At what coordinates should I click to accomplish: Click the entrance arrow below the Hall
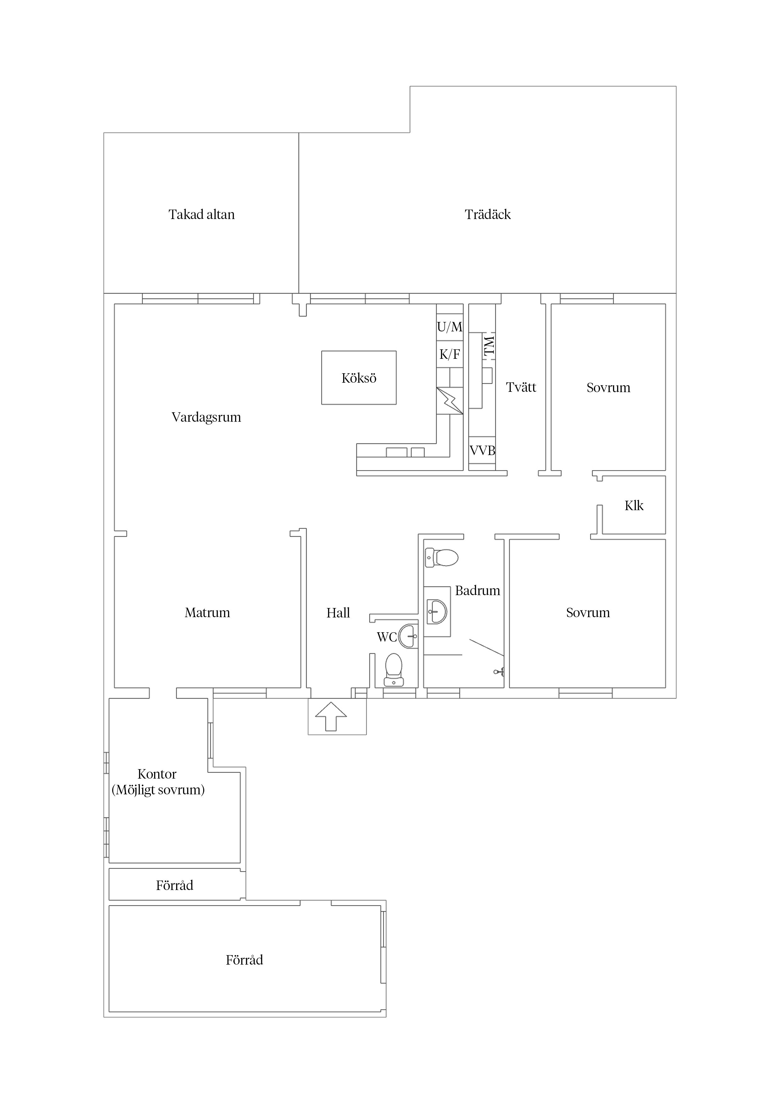(x=331, y=717)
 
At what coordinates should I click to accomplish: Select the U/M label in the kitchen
(x=449, y=327)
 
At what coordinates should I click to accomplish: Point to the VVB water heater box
(x=482, y=451)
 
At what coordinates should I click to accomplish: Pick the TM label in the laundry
(x=489, y=346)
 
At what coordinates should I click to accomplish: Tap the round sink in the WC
(x=409, y=636)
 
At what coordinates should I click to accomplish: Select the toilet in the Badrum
(x=442, y=558)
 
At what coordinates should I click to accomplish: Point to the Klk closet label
(x=634, y=505)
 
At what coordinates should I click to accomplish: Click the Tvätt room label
(x=521, y=387)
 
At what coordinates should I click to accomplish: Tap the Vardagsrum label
(x=206, y=417)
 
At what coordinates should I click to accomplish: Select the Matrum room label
(x=207, y=613)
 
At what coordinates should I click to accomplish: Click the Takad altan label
(x=201, y=214)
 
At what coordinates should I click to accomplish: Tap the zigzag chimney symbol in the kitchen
(x=450, y=401)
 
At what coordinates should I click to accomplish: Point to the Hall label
(x=338, y=613)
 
